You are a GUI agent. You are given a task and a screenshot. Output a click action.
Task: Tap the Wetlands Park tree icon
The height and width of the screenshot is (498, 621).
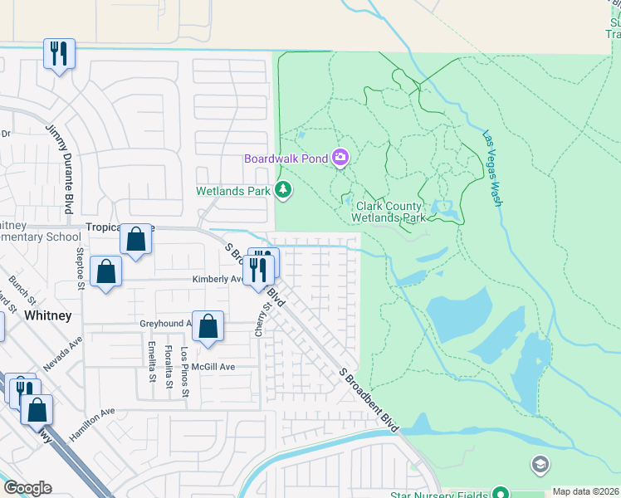coord(284,191)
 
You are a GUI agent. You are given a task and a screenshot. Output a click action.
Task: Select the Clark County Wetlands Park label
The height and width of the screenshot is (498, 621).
coord(390,212)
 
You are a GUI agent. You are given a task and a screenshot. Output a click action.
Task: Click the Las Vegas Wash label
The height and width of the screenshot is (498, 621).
coord(494,167)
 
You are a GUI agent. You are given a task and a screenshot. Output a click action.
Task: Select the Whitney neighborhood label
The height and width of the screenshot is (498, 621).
coord(48,315)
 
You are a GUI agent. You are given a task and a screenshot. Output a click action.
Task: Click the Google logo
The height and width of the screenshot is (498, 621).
coord(27,488)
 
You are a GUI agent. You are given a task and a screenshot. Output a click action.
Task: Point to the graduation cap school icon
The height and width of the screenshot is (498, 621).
coord(540,463)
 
